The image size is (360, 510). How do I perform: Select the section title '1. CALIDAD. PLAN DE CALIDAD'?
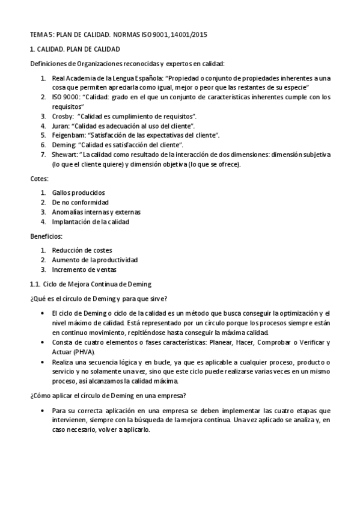tap(75, 49)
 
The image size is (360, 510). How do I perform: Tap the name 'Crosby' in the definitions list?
tap(63, 115)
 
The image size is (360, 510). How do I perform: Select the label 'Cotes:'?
tap(40, 179)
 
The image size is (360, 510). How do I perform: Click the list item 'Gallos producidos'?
tap(78, 192)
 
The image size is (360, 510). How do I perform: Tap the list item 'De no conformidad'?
tap(81, 202)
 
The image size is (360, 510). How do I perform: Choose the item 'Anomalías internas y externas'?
tap(96, 212)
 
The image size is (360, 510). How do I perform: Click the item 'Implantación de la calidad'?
tap(91, 221)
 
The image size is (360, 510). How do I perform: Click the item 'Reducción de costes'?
tap(82, 250)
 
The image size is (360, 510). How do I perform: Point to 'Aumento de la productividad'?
tap(95, 260)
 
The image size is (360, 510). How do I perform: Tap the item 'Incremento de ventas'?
tap(84, 269)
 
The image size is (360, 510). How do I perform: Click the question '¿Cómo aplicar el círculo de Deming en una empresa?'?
tap(107, 395)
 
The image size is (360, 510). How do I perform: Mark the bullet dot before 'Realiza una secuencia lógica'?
tap(41, 361)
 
